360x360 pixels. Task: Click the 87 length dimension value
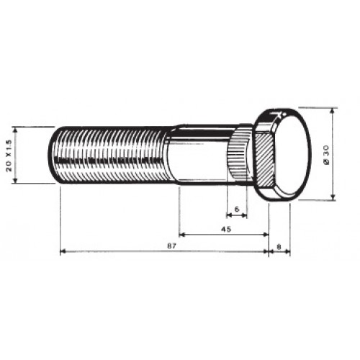174,246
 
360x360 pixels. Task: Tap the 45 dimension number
226,229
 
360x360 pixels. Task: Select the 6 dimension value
237,209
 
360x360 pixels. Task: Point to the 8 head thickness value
279,246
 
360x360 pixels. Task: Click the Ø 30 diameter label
326,155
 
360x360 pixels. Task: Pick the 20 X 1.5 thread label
9,155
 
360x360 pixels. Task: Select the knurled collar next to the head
239,155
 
